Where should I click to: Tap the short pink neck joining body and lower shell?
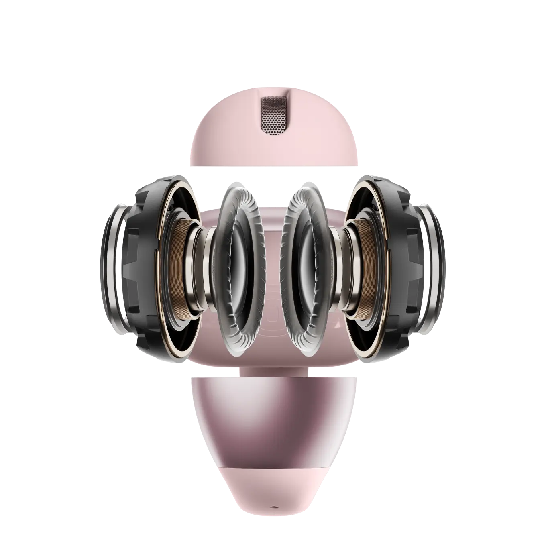click(273, 371)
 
